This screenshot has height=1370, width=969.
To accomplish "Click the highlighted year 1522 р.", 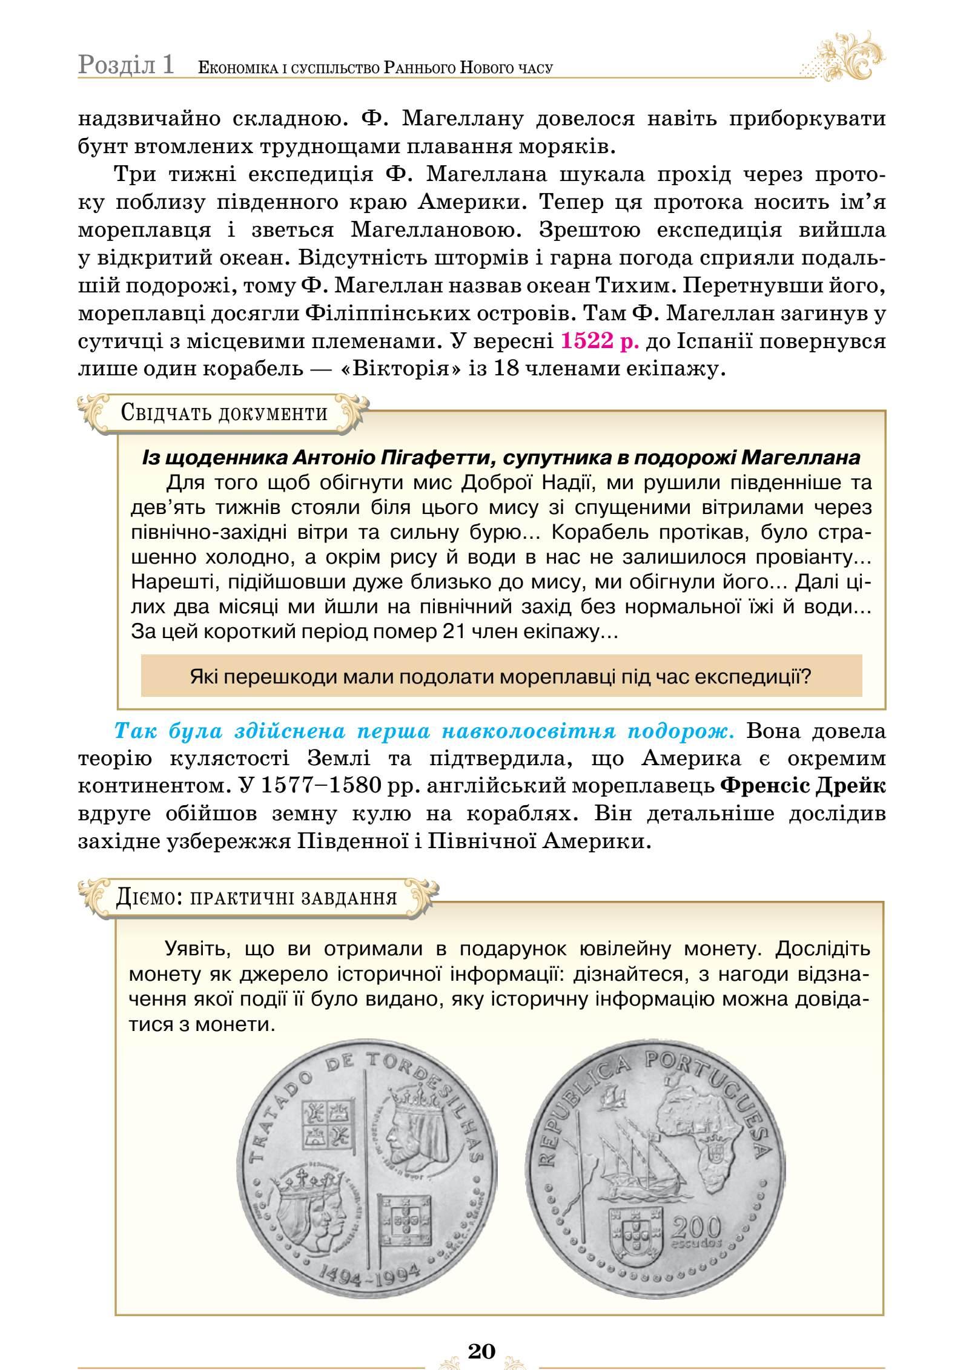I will (600, 341).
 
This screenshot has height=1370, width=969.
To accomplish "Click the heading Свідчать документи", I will (224, 413).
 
